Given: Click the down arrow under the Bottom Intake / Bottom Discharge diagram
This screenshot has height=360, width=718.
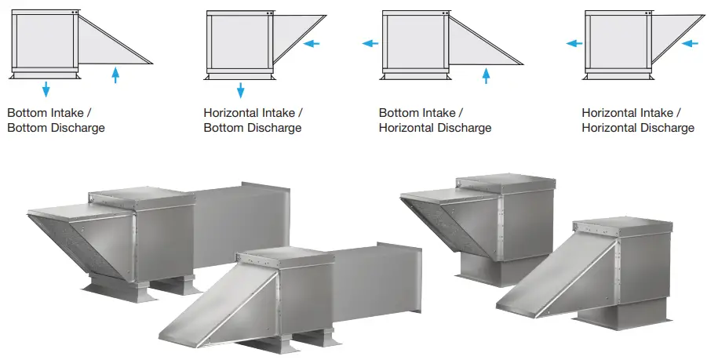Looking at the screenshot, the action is (46, 89).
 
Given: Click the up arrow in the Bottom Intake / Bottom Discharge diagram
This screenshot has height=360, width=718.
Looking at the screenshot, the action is (115, 75).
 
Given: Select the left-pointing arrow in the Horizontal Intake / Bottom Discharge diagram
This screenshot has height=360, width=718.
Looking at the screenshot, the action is (312, 43).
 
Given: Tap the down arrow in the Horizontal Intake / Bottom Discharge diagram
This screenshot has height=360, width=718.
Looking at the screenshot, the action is (240, 90).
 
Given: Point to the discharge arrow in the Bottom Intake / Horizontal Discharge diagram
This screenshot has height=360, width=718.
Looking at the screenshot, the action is (370, 43).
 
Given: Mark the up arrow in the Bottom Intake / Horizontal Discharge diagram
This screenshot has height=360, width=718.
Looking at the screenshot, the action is (486, 75).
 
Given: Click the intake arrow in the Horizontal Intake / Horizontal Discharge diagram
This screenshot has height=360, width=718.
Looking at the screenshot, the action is (690, 43).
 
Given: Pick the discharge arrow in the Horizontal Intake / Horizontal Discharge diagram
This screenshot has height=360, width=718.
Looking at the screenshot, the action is (574, 43).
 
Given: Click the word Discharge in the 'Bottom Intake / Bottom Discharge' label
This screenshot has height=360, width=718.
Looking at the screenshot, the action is (78, 128).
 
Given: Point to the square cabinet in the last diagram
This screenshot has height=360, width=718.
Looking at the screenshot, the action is (618, 40).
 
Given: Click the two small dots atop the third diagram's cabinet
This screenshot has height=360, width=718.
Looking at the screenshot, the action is (445, 13).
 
